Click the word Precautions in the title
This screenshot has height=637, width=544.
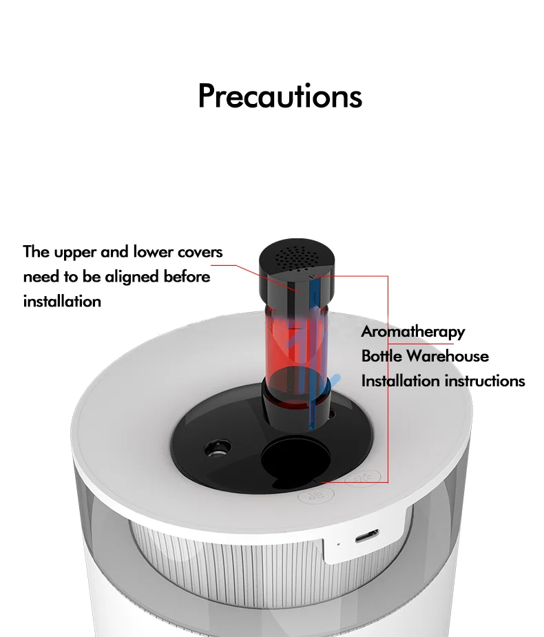[280, 96]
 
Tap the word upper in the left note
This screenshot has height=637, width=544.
[75, 252]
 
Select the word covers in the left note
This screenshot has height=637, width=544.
[199, 252]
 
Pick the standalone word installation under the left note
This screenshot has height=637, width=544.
[62, 302]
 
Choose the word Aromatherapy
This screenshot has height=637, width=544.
[413, 332]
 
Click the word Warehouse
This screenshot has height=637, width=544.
[448, 356]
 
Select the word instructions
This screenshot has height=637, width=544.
[485, 381]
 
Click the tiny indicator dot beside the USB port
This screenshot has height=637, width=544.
[337, 544]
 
